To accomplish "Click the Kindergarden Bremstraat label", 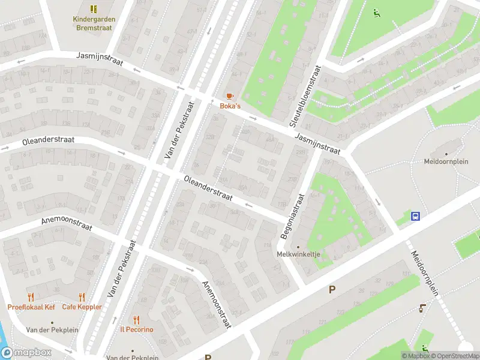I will point(94,23).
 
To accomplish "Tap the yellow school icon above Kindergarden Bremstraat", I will point(94,8).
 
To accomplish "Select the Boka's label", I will point(229,106).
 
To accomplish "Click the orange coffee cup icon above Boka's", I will point(229,96).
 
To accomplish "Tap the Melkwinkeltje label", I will point(298,254).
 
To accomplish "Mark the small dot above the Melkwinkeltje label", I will point(298,246).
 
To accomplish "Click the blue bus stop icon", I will point(415,216).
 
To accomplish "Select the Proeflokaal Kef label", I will point(31,307).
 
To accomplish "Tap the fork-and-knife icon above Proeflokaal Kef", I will point(31,297).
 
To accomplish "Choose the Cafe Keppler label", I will point(82,307).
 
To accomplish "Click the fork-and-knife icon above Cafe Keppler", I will point(82,297).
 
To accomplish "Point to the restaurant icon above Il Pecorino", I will point(137,320).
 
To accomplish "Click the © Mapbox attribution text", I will point(415,356).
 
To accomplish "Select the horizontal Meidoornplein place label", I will point(445,161).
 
